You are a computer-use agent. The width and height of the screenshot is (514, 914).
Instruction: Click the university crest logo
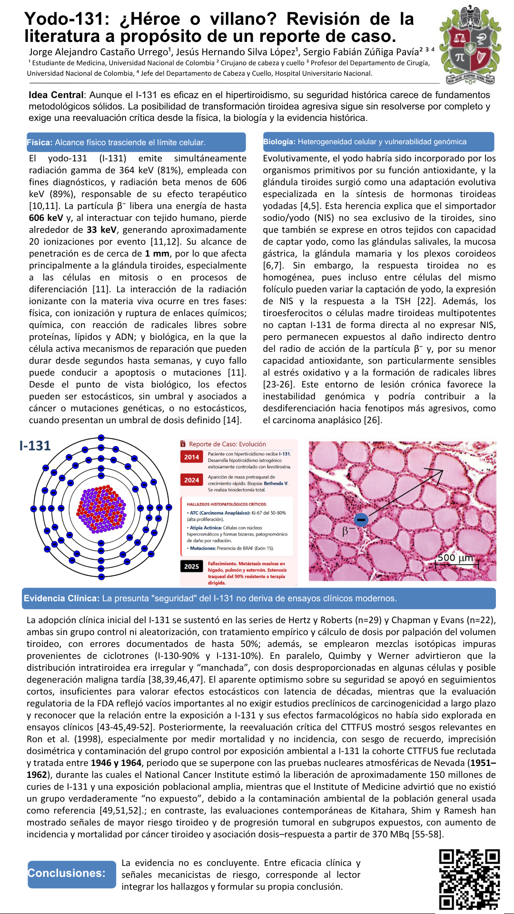470,45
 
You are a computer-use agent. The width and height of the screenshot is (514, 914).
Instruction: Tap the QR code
469,879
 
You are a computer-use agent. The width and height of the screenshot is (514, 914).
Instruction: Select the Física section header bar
136,142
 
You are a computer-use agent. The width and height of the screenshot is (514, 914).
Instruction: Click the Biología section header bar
378,142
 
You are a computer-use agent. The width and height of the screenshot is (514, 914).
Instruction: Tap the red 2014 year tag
191,457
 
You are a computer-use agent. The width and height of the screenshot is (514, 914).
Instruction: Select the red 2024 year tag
191,480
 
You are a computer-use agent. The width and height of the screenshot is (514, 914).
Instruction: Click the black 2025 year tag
191,566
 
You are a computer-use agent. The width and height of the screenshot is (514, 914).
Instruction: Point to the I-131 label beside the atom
35,446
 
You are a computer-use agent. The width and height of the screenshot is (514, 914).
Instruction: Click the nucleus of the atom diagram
101,508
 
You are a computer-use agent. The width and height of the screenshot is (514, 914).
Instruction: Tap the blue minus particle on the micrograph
361,519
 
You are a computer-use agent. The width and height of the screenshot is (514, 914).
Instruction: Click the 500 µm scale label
455,557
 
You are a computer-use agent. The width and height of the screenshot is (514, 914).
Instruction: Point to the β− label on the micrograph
348,531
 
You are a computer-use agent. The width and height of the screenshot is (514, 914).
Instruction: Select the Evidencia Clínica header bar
259,598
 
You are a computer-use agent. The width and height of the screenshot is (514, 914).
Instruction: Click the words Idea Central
56,95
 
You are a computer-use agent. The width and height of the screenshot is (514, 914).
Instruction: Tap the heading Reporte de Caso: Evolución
227,444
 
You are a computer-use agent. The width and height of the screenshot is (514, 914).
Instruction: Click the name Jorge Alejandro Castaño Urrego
99,52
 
